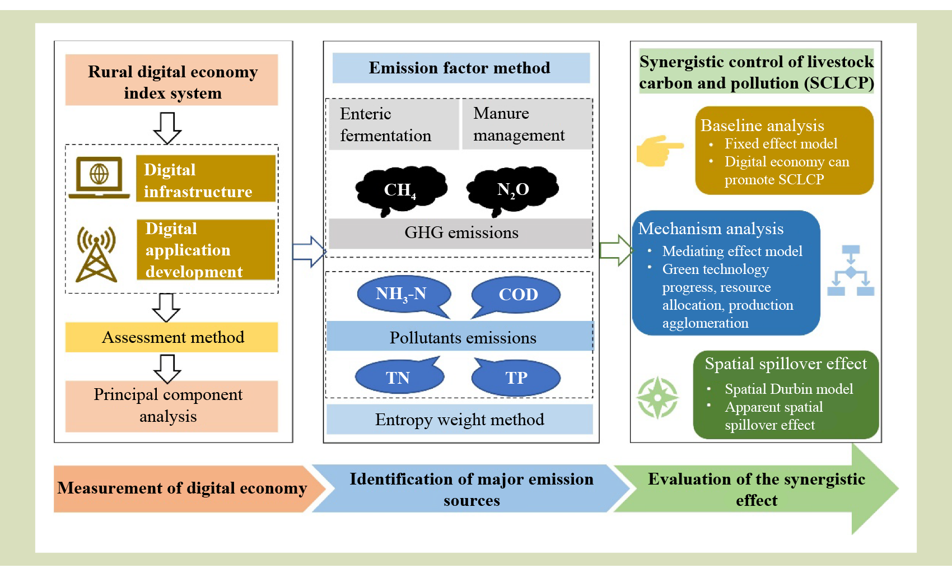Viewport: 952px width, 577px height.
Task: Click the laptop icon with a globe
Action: pyautogui.click(x=99, y=177)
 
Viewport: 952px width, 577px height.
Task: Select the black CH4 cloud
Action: pyautogui.click(x=400, y=189)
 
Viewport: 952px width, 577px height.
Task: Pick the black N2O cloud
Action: pyautogui.click(x=512, y=189)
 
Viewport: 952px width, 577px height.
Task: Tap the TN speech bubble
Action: pyautogui.click(x=399, y=377)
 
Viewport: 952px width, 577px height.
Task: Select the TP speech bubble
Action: pyautogui.click(x=516, y=377)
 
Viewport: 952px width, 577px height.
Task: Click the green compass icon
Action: pyautogui.click(x=657, y=398)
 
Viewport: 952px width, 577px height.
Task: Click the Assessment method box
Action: pyautogui.click(x=172, y=337)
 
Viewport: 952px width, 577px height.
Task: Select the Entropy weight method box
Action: pyautogui.click(x=459, y=420)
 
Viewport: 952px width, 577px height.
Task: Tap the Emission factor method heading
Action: pyautogui.click(x=460, y=68)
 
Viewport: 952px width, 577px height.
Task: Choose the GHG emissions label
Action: pyautogui.click(x=460, y=233)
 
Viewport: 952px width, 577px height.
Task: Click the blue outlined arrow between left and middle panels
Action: pyautogui.click(x=309, y=252)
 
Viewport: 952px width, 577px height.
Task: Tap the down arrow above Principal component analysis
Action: pyautogui.click(x=167, y=369)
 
